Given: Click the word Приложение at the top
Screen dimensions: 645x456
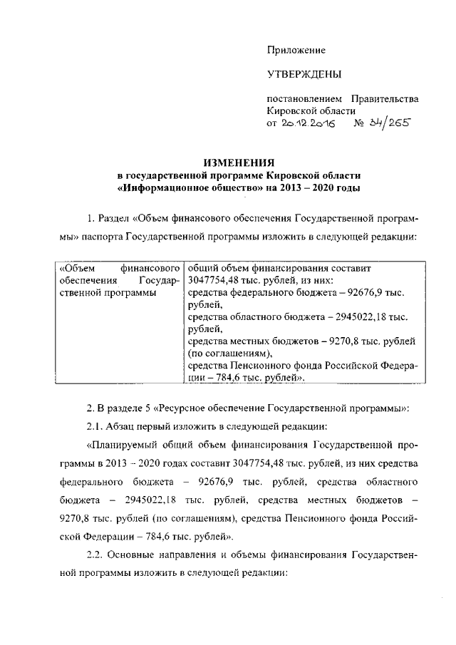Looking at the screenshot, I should tap(296, 51).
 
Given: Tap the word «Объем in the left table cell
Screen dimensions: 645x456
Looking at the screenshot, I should tap(73, 269).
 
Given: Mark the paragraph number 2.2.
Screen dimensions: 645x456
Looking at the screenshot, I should tap(95, 554).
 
